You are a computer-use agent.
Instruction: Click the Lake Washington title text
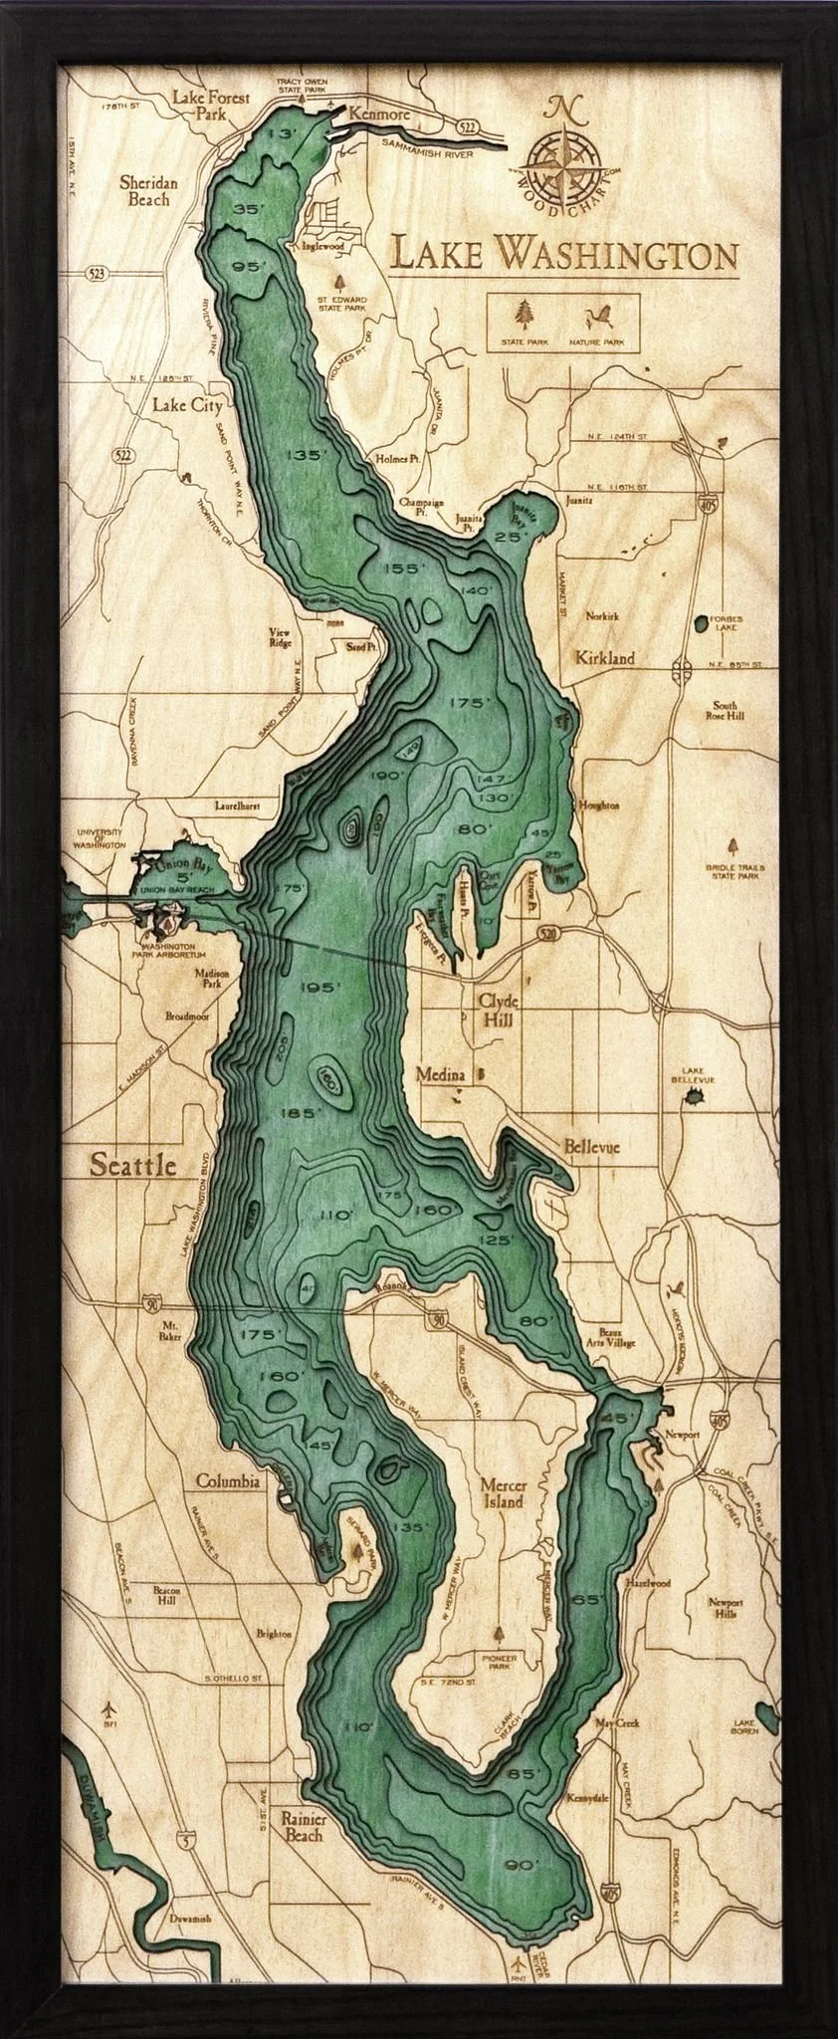[563, 255]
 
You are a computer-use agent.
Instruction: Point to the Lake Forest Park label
[210, 106]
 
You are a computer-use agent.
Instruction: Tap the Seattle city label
[132, 1164]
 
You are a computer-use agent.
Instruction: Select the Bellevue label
[591, 1147]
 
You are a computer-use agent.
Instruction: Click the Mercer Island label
[502, 1492]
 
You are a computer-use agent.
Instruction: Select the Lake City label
[187, 405]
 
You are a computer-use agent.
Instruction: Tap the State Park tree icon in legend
[523, 316]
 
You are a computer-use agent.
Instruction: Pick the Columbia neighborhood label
[228, 1480]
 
